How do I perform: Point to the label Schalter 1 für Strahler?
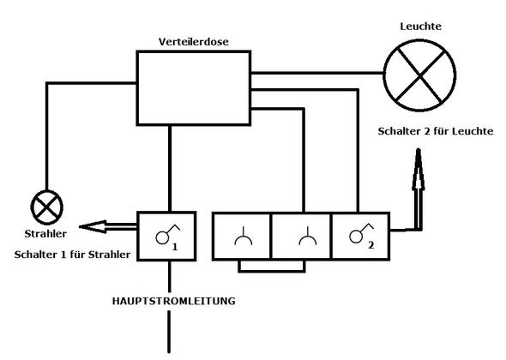[x=72, y=255]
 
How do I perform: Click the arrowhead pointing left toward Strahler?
[x=88, y=227]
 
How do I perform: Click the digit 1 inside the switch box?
[x=174, y=246]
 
